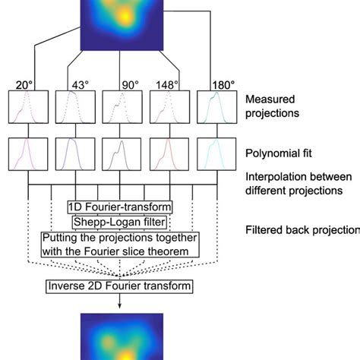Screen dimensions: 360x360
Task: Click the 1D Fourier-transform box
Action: [x=119, y=207]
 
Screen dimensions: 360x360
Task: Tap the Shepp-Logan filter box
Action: [x=119, y=221]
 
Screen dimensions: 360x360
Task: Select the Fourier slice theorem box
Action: [x=119, y=244]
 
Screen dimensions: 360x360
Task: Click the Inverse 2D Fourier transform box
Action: [x=120, y=286]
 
